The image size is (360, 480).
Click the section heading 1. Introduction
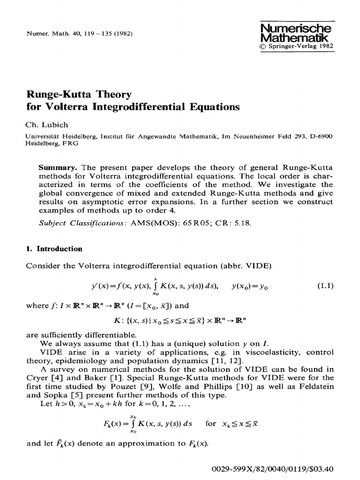(x=54, y=249)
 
